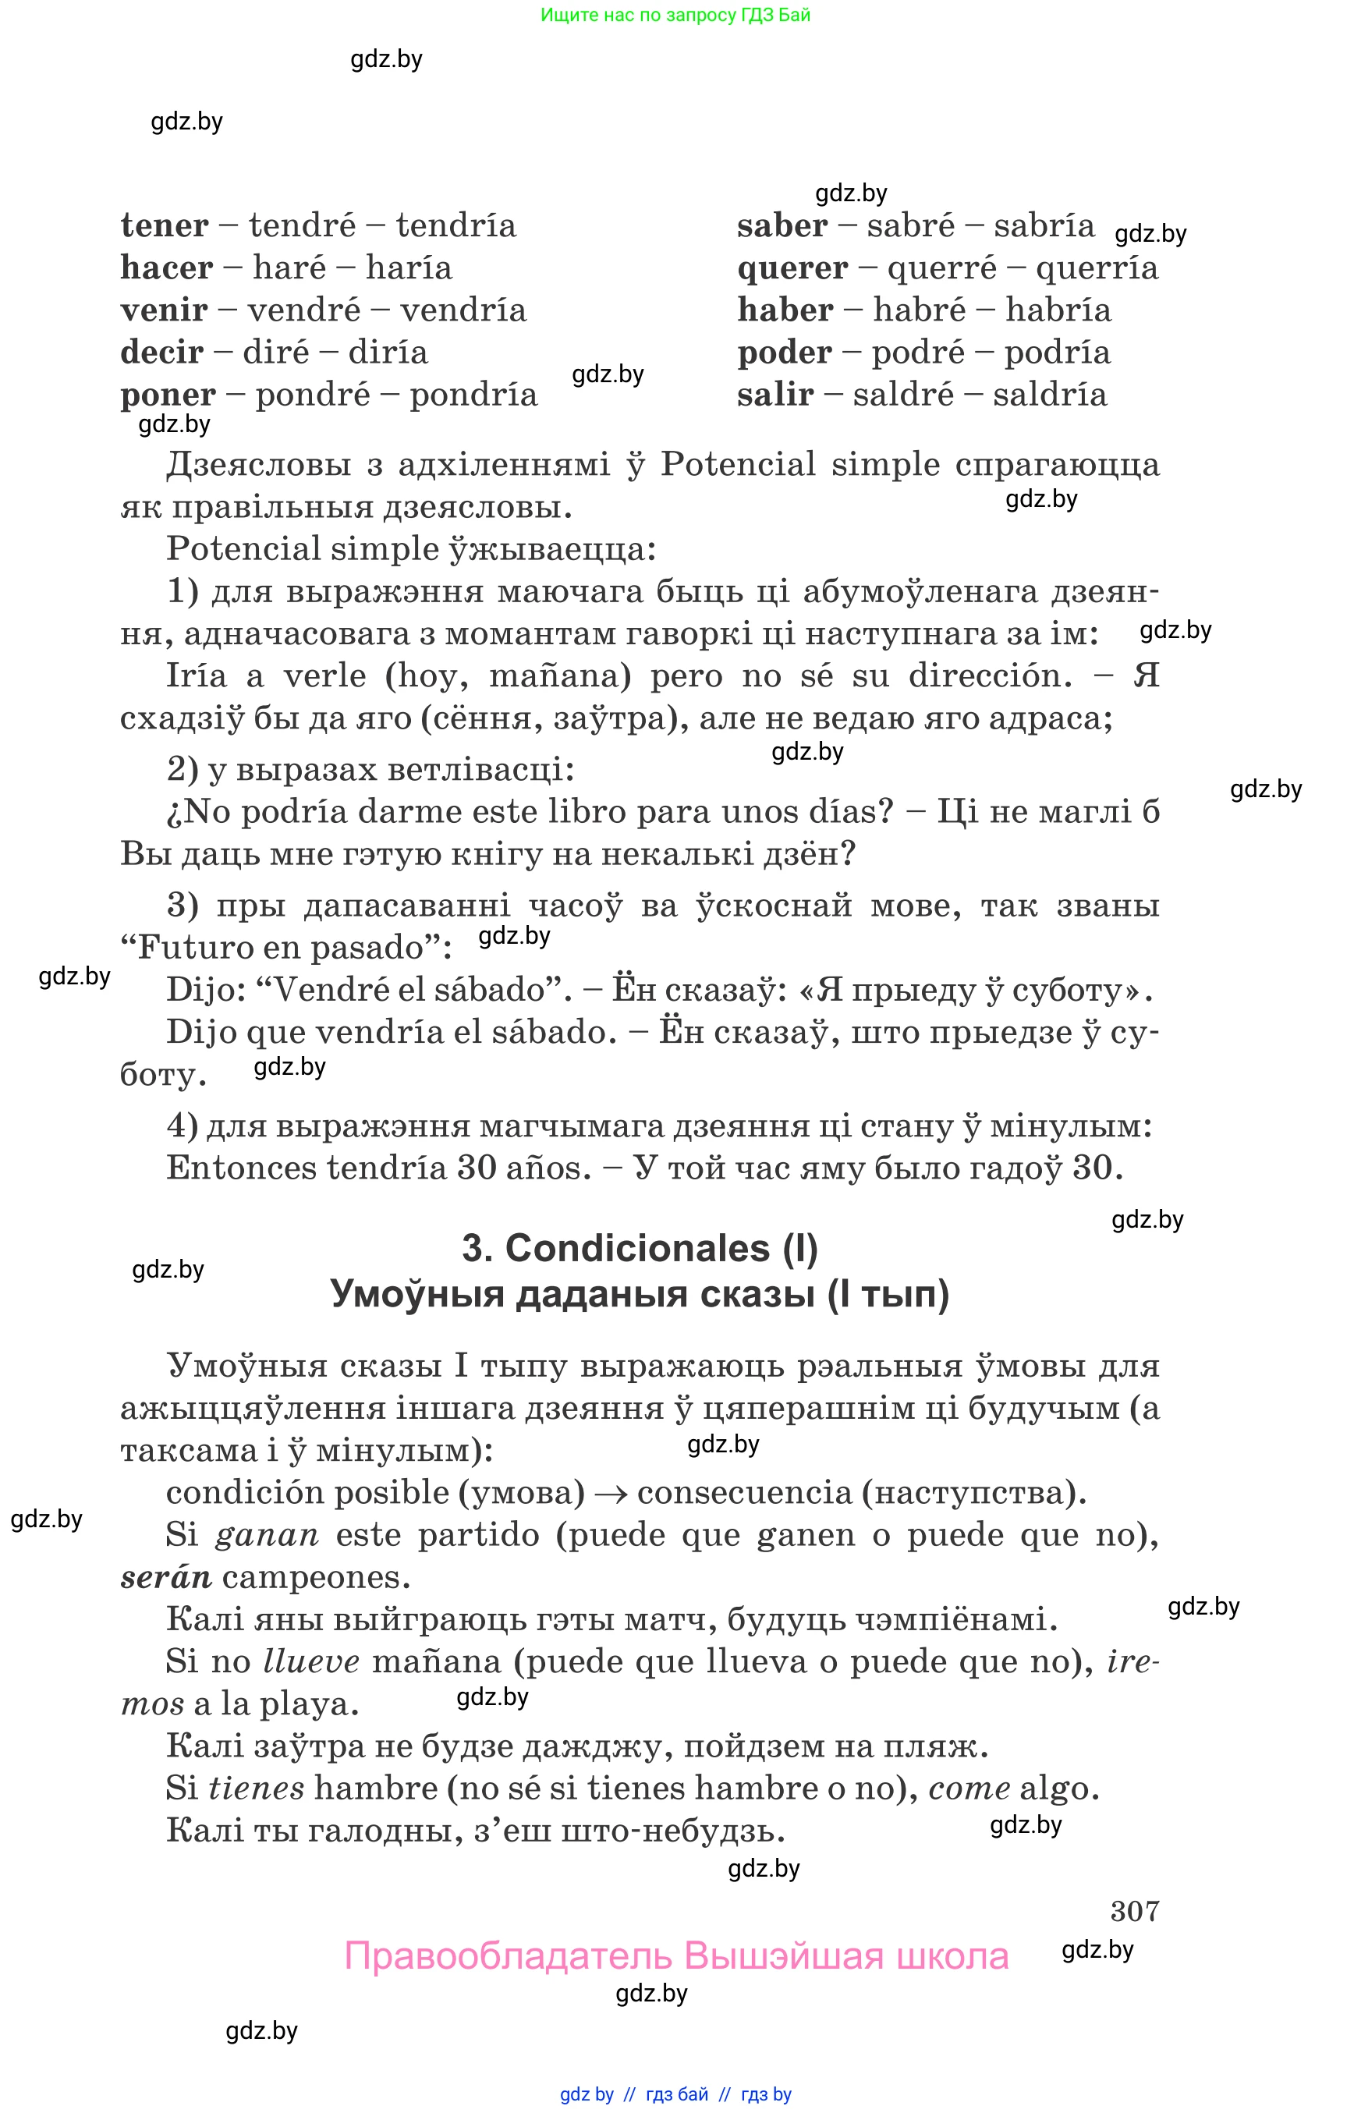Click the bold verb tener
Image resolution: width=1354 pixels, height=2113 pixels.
165,226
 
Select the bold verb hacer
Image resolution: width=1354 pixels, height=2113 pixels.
166,268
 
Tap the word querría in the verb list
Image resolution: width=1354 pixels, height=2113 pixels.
1097,268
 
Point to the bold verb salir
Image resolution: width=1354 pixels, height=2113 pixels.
774,395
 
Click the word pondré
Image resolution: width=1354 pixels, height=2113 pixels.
312,395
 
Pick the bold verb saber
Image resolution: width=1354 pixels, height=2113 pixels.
782,226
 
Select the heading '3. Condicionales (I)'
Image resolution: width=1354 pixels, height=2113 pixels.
640,1249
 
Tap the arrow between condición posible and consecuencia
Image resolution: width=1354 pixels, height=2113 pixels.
610,1493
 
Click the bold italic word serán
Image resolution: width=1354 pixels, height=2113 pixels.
165,1577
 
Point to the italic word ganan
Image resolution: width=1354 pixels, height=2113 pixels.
265,1535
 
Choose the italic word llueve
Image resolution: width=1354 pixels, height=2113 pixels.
311,1662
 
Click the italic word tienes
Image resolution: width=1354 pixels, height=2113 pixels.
256,1789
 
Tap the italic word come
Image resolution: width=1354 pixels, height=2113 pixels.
969,1789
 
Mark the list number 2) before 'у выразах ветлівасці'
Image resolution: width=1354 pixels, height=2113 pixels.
182,769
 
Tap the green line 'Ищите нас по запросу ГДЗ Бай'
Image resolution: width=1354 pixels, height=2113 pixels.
675,15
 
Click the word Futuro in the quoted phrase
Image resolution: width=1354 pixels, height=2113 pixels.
193,948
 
